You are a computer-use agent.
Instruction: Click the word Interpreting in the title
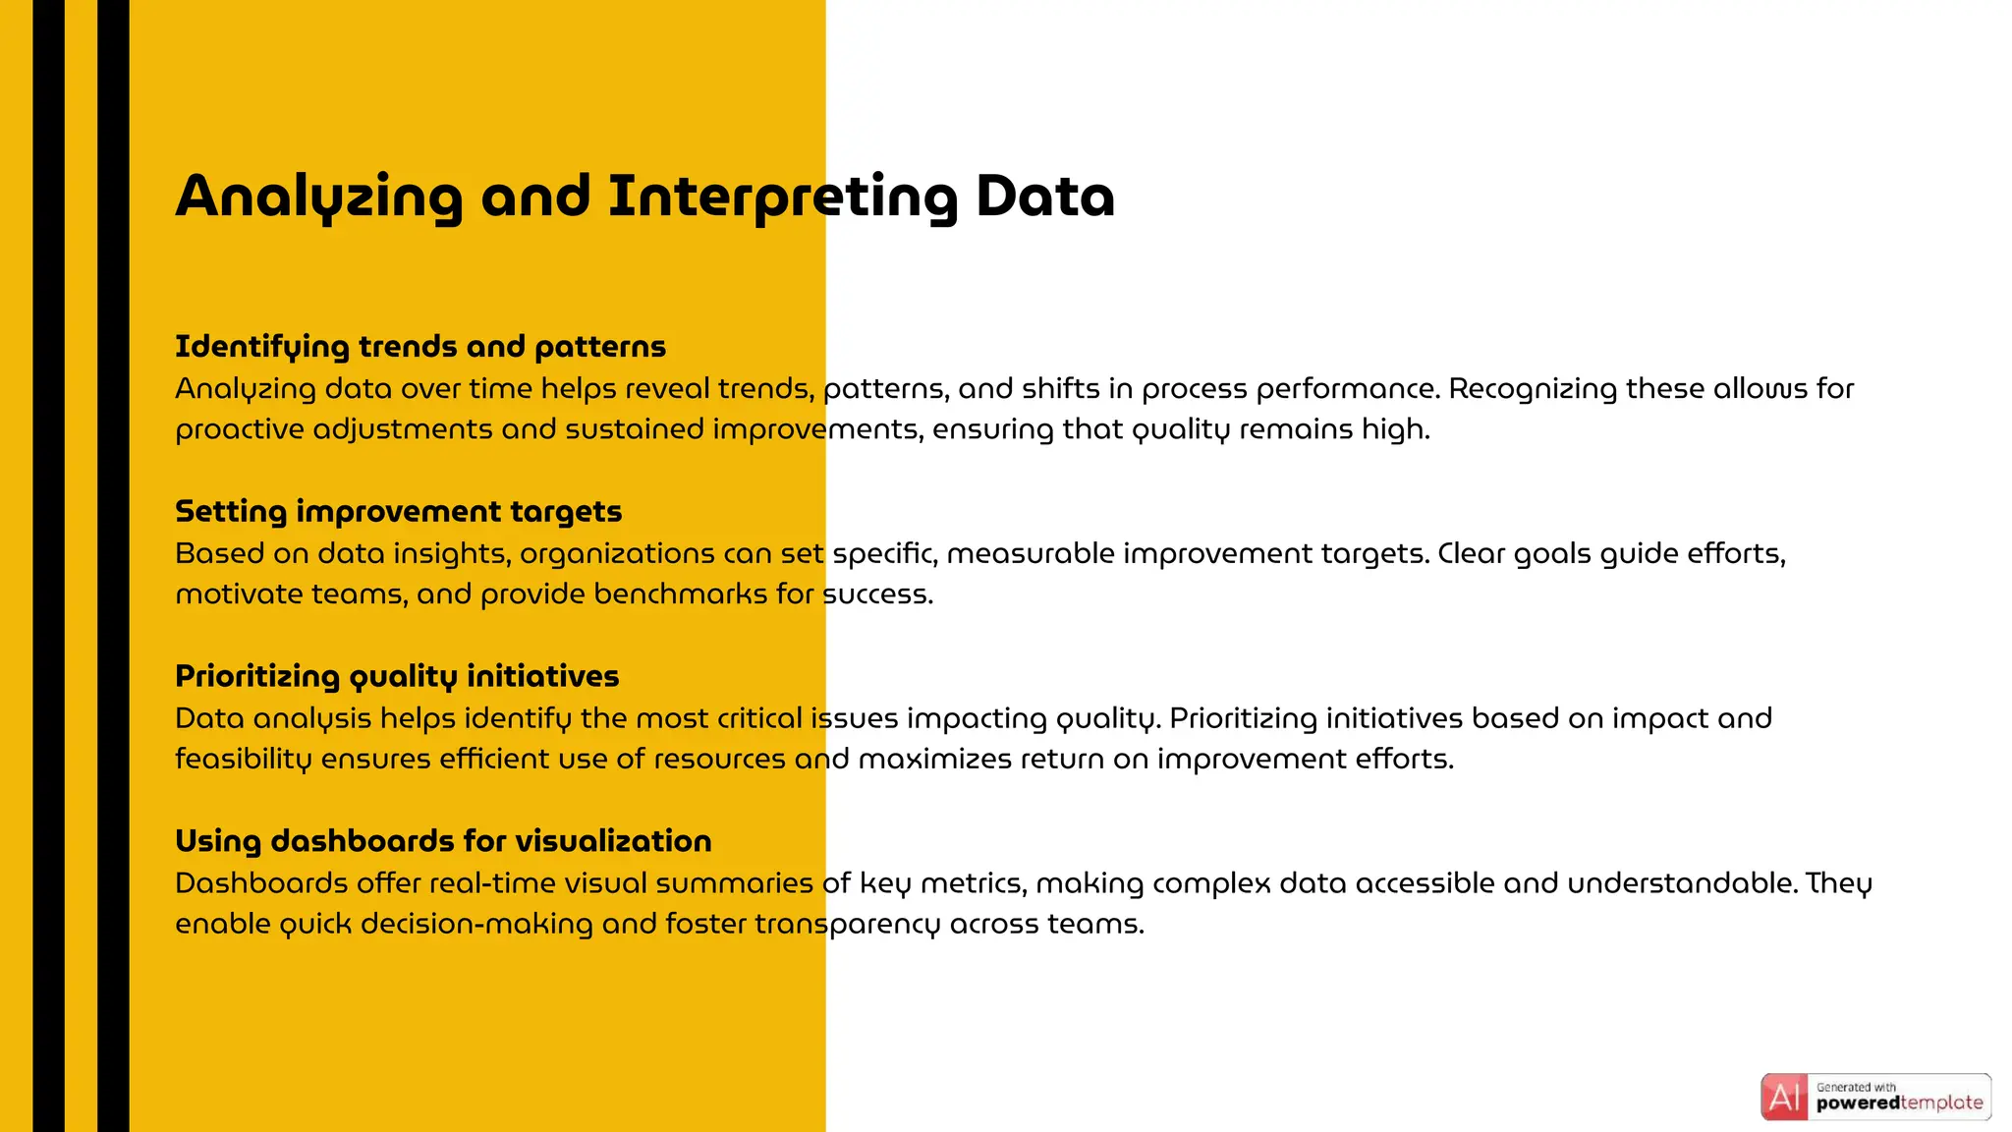pos(782,197)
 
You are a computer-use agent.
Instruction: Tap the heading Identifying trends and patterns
pos(420,347)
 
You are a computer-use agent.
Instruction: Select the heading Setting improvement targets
pos(398,512)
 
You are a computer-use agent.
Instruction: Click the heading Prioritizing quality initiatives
pos(397,677)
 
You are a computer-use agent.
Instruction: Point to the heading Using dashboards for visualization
pos(443,842)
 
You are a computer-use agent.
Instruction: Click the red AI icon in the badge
pos(1784,1098)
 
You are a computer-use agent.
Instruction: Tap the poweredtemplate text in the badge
pos(1899,1104)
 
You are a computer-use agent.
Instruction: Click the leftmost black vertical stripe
pos(48,566)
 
